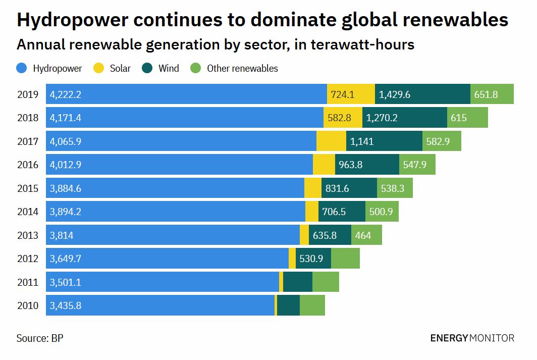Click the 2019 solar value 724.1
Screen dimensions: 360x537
point(343,94)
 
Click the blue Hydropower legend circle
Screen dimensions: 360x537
point(22,68)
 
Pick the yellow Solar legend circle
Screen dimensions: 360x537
point(99,68)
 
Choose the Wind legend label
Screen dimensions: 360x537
point(169,68)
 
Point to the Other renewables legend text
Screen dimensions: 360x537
point(242,68)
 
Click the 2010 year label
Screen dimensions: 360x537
point(28,305)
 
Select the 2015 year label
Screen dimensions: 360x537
point(28,188)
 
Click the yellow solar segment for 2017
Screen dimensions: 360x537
point(331,141)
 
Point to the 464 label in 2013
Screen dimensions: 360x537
point(363,235)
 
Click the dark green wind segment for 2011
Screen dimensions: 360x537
point(298,282)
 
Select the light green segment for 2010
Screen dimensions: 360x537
point(312,305)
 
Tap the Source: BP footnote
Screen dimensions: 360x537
point(40,338)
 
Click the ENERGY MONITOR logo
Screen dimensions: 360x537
point(472,338)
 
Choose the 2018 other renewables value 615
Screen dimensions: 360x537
point(459,118)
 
